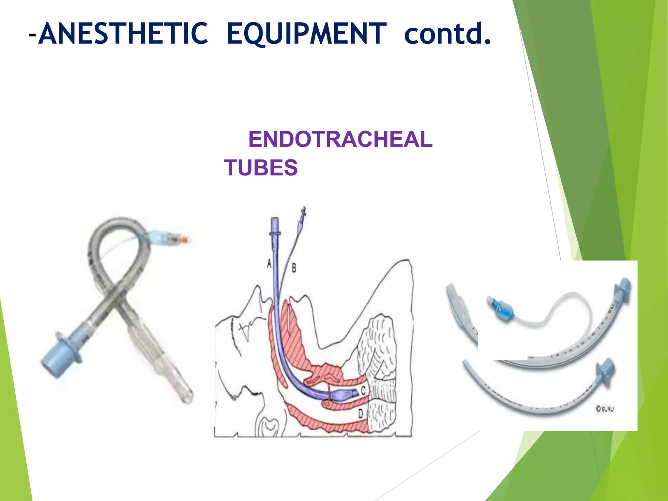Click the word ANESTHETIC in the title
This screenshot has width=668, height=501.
pos(123,34)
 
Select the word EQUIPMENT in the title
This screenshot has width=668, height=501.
pos(307,34)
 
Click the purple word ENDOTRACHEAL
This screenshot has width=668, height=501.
pos(340,139)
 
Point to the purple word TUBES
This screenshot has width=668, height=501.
pos(261,168)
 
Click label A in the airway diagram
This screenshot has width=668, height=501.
pos(269,263)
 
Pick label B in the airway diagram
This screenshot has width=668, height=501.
pos(294,268)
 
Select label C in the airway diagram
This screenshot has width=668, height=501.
pos(363,390)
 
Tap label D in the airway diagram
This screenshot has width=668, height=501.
pos(360,414)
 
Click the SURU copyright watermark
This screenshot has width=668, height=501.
pos(605,409)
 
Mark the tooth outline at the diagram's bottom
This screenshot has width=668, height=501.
pos(268,427)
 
